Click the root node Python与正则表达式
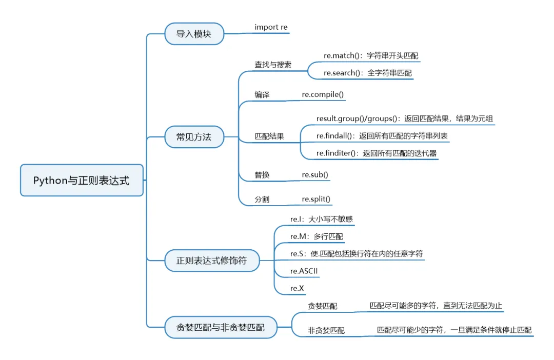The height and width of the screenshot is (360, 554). point(82,181)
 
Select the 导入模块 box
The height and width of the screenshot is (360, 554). point(193,34)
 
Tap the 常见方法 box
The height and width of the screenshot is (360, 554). point(193,137)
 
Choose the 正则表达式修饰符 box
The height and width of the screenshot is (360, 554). point(211,261)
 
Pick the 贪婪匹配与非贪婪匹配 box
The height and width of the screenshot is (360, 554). point(220,328)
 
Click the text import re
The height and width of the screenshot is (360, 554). point(271,27)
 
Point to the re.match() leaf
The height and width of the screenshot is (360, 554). point(367,55)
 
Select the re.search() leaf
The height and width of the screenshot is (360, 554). point(367,73)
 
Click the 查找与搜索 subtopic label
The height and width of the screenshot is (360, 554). point(273,65)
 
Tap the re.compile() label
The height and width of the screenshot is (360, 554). point(323,95)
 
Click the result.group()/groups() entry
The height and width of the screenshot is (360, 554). point(405,118)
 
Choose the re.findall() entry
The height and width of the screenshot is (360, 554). point(382,136)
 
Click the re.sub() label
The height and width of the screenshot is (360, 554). point(315,175)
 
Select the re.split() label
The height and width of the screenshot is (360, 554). point(316,199)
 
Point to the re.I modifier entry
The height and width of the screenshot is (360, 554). point(321,219)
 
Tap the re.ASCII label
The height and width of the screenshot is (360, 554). point(304,271)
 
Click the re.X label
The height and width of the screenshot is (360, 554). point(297,288)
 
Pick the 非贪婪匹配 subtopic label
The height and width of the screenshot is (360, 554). point(326,331)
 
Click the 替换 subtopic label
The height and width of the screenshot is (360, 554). point(262,175)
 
